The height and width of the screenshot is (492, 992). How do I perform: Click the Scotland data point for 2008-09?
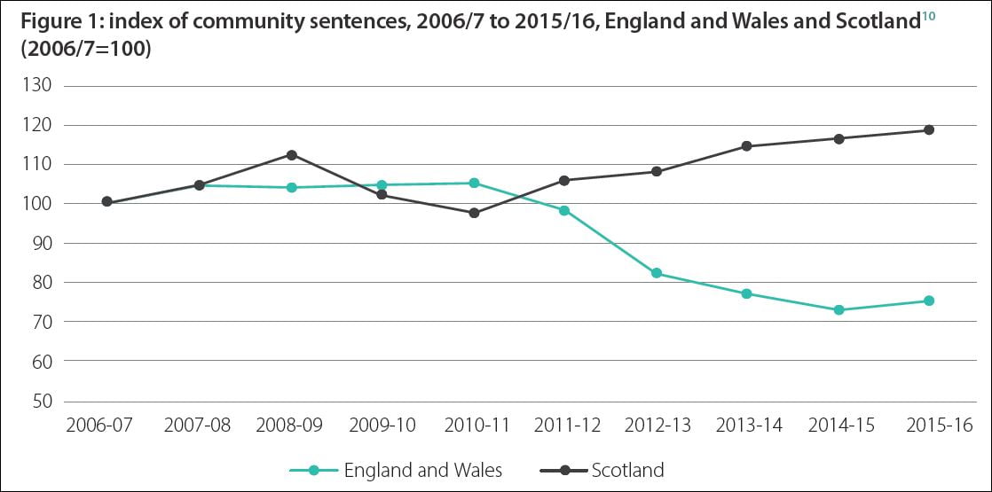coord(291,155)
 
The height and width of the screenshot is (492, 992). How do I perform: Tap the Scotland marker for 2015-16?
coord(929,130)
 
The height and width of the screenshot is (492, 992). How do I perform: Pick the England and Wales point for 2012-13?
coord(657,273)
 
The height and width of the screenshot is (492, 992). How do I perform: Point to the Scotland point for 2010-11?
coord(474,213)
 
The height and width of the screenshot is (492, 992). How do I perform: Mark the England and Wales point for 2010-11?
coord(474,184)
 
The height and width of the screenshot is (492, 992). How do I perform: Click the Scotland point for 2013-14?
coord(747,146)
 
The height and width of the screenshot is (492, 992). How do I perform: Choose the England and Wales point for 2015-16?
coord(929,301)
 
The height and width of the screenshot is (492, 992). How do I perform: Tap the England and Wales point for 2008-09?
coord(291,187)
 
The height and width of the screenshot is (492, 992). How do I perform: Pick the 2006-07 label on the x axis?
coord(98,426)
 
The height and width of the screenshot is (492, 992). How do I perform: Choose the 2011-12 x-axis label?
coord(564,426)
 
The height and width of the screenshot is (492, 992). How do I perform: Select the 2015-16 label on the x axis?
coord(929,426)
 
